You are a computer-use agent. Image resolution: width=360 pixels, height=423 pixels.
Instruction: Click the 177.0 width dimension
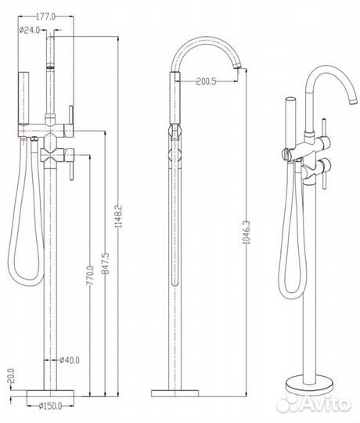pyautogui.click(x=46, y=16)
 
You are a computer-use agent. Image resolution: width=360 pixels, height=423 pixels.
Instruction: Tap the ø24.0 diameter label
pyautogui.click(x=30, y=30)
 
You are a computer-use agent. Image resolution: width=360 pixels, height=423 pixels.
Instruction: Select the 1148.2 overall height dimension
pyautogui.click(x=118, y=216)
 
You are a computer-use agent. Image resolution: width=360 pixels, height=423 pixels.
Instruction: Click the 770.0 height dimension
pyautogui.click(x=90, y=275)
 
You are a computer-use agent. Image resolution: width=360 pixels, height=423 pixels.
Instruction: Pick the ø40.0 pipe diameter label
pyautogui.click(x=70, y=360)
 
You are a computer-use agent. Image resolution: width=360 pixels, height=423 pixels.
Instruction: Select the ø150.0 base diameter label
pyautogui.click(x=50, y=406)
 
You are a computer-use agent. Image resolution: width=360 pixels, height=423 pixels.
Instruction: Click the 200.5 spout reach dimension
pyautogui.click(x=206, y=81)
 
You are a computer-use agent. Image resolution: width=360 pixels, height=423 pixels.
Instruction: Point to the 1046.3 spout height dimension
pyautogui.click(x=247, y=233)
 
